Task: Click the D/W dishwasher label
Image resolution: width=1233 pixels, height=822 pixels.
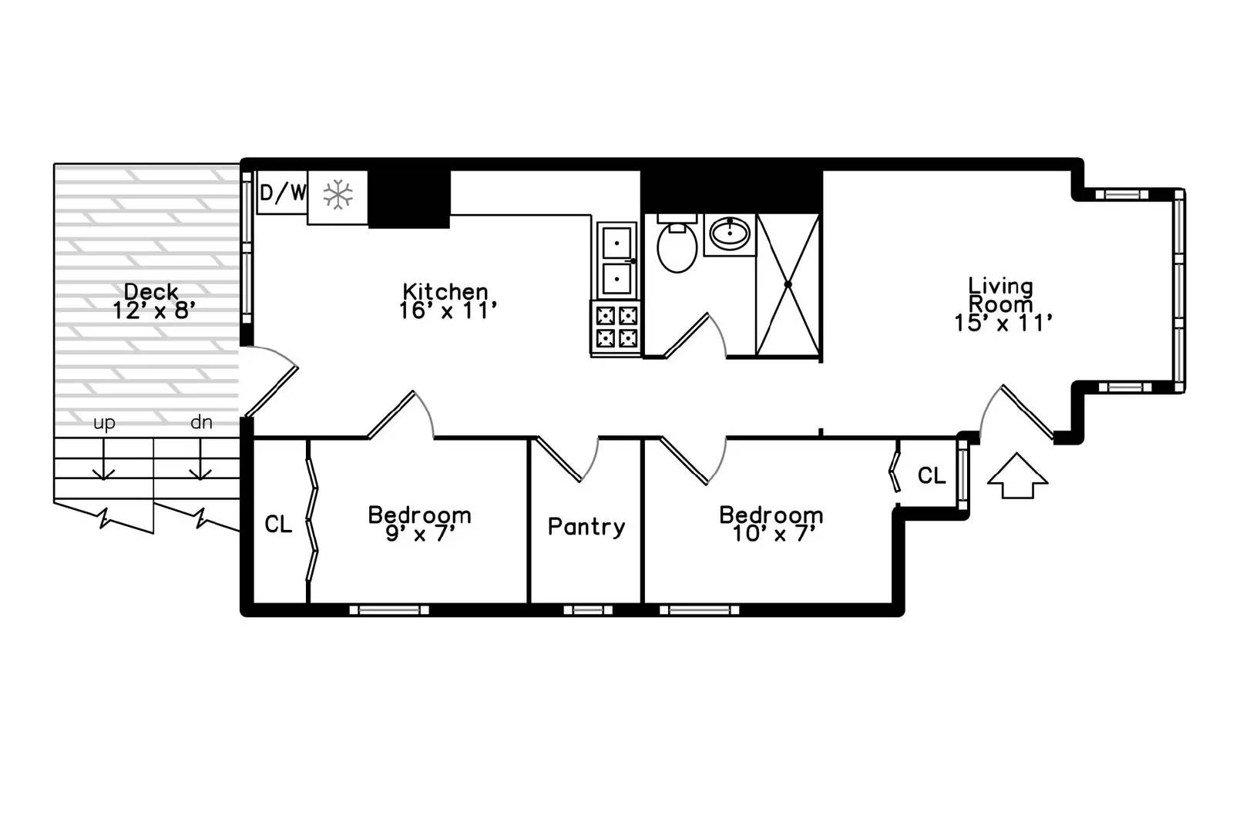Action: pyautogui.click(x=282, y=193)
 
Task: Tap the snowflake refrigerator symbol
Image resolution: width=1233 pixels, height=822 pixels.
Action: pyautogui.click(x=338, y=195)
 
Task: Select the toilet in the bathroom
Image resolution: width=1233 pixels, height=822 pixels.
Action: pyautogui.click(x=677, y=246)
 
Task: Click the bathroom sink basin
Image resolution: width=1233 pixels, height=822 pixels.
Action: pyautogui.click(x=729, y=232)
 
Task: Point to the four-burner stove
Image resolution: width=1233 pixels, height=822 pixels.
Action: pyautogui.click(x=616, y=327)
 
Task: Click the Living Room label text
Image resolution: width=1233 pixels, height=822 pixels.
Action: pyautogui.click(x=1000, y=295)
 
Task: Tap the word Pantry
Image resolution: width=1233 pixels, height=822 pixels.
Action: pyautogui.click(x=586, y=527)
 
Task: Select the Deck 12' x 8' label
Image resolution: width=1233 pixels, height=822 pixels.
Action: pyautogui.click(x=153, y=300)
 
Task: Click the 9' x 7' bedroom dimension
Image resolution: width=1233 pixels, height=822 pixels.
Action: pyautogui.click(x=420, y=533)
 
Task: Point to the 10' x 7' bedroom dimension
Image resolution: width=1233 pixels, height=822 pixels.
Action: pyautogui.click(x=771, y=533)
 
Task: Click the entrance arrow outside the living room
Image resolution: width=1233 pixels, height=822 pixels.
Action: pyautogui.click(x=1017, y=475)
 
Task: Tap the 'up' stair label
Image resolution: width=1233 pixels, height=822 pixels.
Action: pyautogui.click(x=104, y=423)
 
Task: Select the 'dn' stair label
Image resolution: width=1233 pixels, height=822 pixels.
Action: pyautogui.click(x=201, y=422)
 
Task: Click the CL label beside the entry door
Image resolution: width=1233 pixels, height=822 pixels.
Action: pyautogui.click(x=931, y=476)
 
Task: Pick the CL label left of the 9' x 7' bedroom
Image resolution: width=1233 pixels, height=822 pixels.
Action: pyautogui.click(x=278, y=525)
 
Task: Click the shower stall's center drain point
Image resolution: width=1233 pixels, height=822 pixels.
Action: pyautogui.click(x=788, y=285)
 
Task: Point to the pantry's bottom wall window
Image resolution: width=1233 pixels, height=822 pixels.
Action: pyautogui.click(x=587, y=610)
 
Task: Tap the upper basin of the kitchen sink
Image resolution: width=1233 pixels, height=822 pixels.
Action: pyautogui.click(x=617, y=243)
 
